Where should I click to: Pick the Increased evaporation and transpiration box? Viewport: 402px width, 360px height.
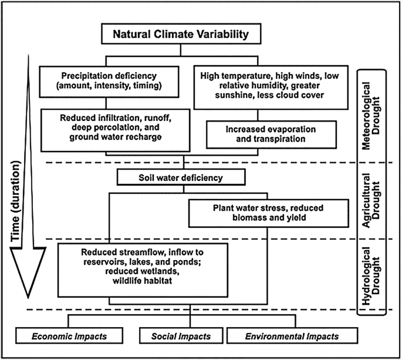[x=271, y=133]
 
